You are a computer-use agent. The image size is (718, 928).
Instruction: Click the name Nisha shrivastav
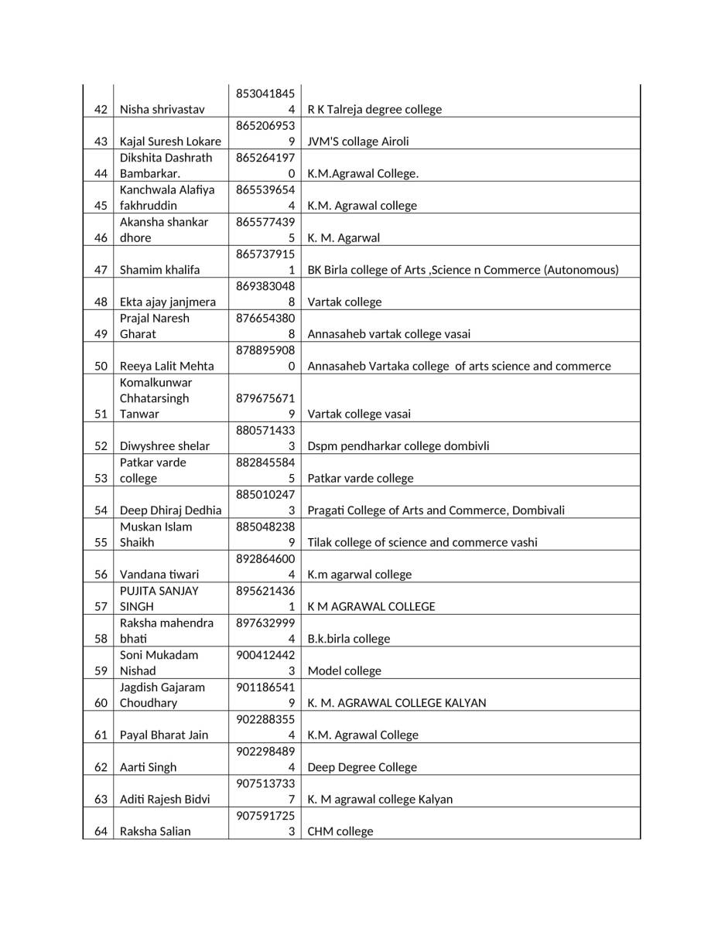[162, 109]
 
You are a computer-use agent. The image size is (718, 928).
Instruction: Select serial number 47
[101, 270]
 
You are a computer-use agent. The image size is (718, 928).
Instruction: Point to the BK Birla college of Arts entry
[463, 270]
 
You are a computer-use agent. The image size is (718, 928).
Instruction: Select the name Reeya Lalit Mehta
[167, 366]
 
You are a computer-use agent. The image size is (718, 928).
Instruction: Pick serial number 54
[101, 510]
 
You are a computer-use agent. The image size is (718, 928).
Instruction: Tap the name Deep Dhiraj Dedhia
[170, 510]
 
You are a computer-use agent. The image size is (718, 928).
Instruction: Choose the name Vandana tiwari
[159, 575]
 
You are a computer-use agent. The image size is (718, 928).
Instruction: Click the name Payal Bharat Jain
[164, 735]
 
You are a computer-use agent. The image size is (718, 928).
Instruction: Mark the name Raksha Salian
[156, 831]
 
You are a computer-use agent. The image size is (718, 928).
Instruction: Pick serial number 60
[101, 703]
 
